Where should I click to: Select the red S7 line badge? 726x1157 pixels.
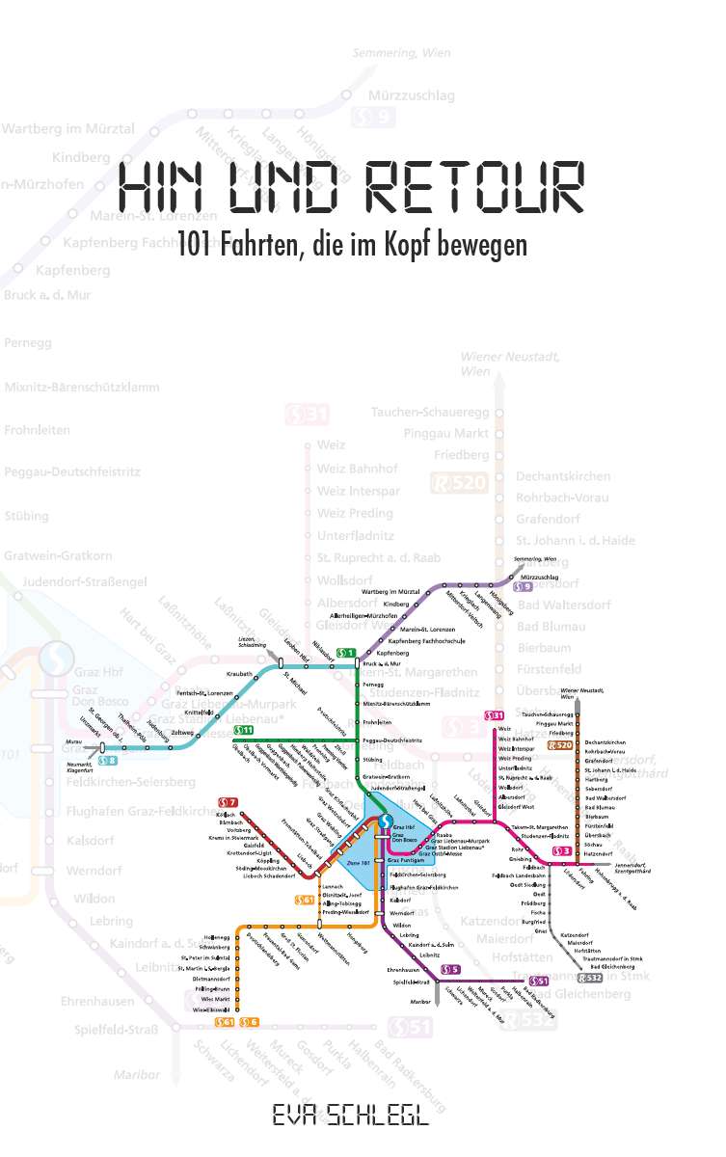coord(228,802)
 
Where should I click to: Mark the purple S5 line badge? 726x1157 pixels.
coord(448,968)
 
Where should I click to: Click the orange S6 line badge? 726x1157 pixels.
coord(249,1022)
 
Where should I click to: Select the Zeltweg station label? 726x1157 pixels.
coord(182,733)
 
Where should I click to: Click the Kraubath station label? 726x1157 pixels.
coord(239,674)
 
